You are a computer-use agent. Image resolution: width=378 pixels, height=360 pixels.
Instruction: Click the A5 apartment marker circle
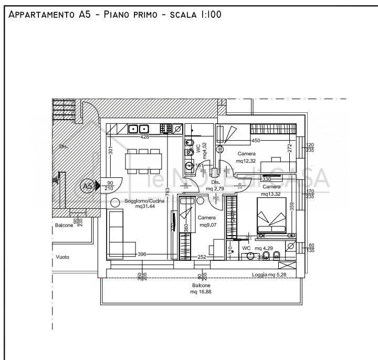(x=87, y=186)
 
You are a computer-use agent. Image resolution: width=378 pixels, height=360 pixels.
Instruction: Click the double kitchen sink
(x=139, y=128)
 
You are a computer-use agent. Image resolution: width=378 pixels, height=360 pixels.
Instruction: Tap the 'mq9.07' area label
(x=207, y=226)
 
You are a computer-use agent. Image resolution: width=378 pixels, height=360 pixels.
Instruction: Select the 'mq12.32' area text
(x=246, y=161)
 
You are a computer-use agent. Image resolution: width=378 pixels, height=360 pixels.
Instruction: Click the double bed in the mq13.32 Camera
(x=271, y=215)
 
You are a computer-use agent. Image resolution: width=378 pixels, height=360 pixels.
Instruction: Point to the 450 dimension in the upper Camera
(x=256, y=141)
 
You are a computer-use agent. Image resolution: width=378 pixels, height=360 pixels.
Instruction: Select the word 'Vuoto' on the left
(x=62, y=257)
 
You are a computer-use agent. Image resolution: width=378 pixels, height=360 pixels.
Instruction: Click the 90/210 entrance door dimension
(x=110, y=185)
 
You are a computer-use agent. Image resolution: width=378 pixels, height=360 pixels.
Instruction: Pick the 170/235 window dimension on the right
(x=310, y=194)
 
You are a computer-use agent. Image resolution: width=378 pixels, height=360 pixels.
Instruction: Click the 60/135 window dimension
(x=310, y=248)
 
